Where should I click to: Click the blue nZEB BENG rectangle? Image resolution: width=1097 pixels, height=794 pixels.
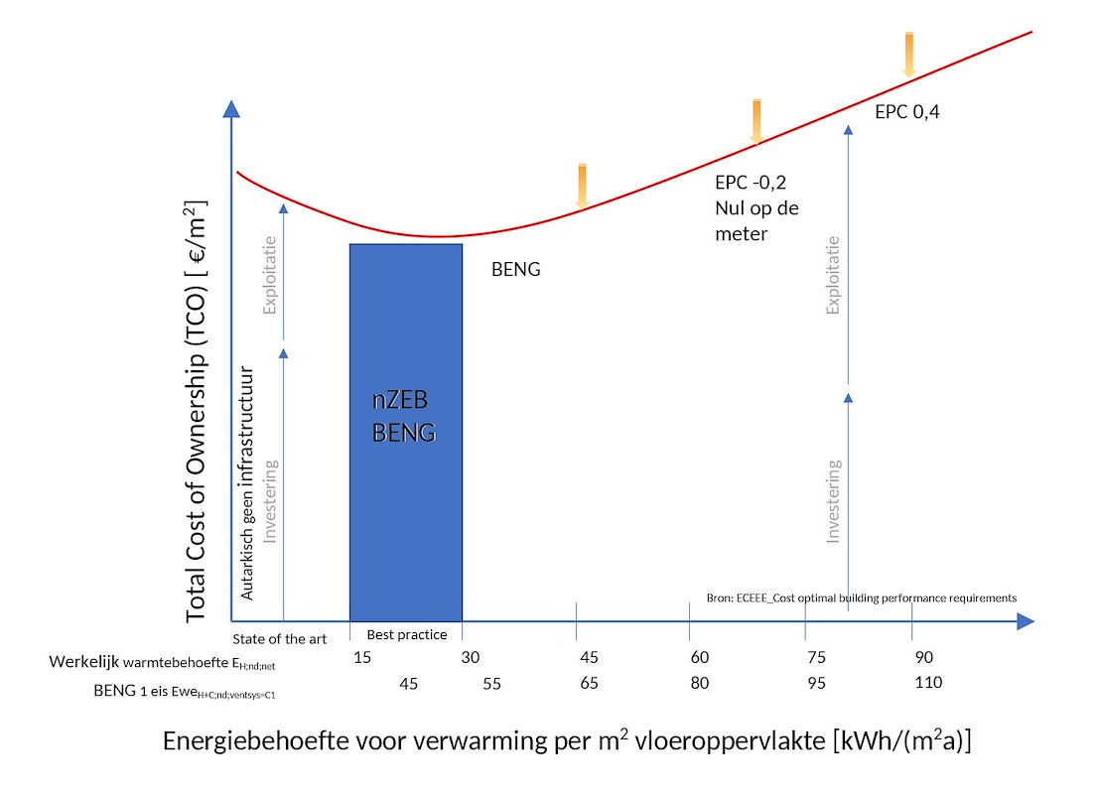[x=406, y=432]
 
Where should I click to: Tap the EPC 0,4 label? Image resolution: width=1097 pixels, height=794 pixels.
[x=906, y=112]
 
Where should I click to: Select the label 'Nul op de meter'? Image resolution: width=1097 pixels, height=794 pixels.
[x=756, y=221]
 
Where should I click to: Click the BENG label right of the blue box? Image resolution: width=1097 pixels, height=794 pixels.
[x=516, y=269]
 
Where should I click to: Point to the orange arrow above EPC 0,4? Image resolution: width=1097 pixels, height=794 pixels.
[x=908, y=54]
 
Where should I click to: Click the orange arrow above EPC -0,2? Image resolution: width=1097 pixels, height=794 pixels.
[x=756, y=121]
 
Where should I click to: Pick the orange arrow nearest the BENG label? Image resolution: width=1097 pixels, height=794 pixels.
[x=583, y=187]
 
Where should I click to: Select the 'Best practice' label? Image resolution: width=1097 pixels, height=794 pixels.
[x=407, y=635]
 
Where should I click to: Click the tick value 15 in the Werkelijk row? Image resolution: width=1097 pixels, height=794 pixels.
[x=362, y=658]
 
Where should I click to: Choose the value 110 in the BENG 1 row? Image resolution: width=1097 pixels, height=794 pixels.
[x=928, y=683]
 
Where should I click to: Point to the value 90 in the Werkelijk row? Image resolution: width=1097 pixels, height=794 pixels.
[x=923, y=658]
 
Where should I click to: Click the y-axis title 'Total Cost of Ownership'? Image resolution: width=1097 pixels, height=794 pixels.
[x=197, y=412]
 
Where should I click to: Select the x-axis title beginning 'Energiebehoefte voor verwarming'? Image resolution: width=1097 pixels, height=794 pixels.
[x=567, y=742]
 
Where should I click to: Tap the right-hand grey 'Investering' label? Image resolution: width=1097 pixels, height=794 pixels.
[x=834, y=500]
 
